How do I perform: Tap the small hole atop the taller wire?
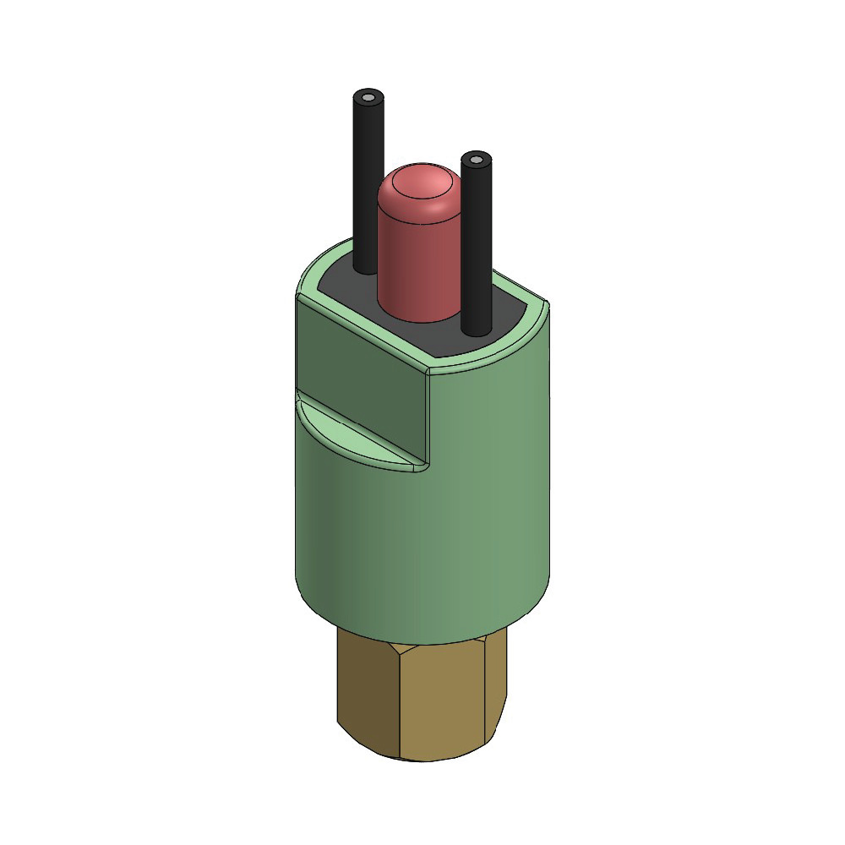pyautogui.click(x=368, y=98)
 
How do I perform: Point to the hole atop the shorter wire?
pyautogui.click(x=477, y=160)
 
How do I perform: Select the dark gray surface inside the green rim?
pyautogui.click(x=507, y=313)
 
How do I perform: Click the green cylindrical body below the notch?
pyautogui.click(x=422, y=549)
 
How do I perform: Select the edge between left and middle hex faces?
pyautogui.click(x=398, y=701)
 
